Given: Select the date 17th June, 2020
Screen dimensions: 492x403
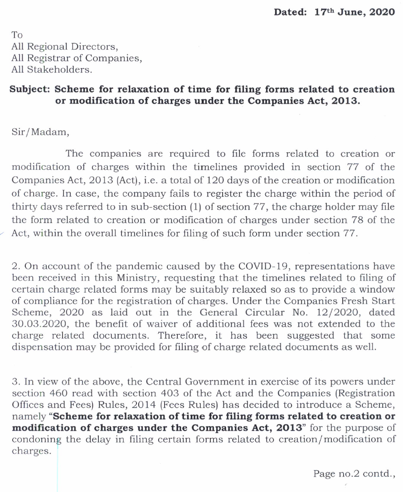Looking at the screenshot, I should click(354, 12).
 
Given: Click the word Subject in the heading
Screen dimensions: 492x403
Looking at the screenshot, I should click(30, 89).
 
